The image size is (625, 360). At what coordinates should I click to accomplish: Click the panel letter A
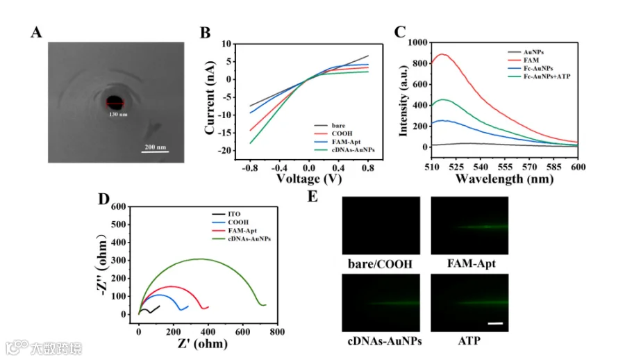tap(36, 32)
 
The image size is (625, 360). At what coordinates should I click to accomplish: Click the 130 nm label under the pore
tap(118, 115)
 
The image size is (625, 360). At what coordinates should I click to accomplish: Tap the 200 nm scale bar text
tap(156, 147)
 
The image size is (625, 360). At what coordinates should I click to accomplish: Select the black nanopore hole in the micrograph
tap(115, 101)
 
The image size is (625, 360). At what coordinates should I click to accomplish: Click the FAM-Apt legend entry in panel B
tap(346, 142)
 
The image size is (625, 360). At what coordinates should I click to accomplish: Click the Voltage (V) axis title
tap(309, 179)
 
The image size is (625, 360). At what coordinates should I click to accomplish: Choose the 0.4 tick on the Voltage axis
tap(338, 168)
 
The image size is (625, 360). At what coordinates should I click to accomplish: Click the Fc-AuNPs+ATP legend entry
tap(547, 76)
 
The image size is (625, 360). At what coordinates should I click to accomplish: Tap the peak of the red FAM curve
tap(442, 54)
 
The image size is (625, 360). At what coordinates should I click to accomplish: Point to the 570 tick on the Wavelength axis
tap(529, 166)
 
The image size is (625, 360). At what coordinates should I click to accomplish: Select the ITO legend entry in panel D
tap(234, 214)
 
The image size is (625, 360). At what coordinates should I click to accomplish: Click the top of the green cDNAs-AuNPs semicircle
tap(201, 259)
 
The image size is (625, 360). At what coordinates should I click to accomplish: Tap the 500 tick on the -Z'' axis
tap(118, 224)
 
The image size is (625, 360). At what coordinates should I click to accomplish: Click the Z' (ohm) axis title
tap(203, 343)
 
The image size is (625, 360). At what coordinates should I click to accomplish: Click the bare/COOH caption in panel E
tap(380, 264)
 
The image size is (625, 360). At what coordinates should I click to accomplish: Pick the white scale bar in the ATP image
tap(495, 323)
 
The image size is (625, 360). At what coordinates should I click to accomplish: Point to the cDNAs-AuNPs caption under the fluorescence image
tap(385, 341)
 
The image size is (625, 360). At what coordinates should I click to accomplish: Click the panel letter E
tap(313, 197)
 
